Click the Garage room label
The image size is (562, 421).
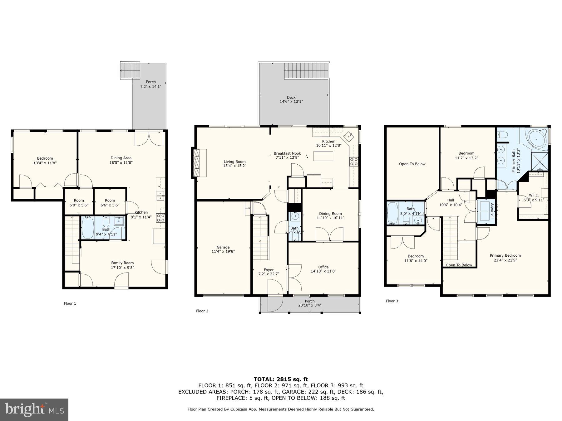223,247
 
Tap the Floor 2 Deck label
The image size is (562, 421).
291,97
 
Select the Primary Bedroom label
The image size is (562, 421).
505,255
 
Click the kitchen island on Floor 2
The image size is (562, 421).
323,156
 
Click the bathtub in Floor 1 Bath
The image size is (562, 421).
88,228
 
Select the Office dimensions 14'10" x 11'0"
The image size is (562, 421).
323,271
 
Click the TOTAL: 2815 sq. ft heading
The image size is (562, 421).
281,379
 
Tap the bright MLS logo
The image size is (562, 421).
34,409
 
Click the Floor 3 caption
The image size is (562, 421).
392,301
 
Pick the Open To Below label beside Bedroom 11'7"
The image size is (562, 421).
412,164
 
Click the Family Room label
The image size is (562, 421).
122,263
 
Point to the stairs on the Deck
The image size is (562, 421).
307,71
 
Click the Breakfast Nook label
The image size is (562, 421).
287,153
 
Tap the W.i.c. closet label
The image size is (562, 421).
534,196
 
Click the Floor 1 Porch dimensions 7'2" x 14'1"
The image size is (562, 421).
150,86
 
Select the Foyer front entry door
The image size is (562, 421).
275,295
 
